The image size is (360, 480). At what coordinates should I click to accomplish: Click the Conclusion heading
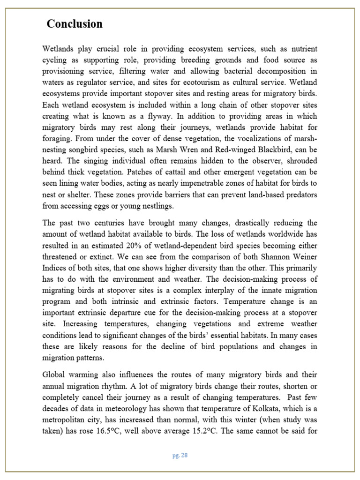click(x=75, y=24)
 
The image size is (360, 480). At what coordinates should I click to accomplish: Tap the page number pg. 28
click(x=180, y=455)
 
